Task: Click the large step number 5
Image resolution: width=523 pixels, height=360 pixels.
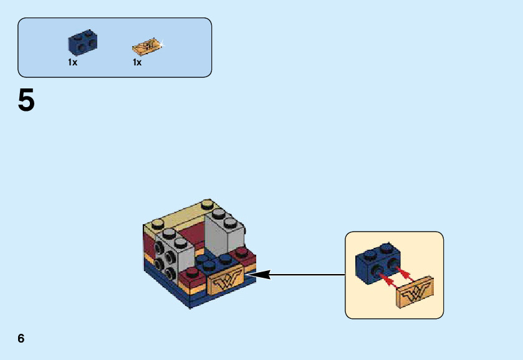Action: click(26, 101)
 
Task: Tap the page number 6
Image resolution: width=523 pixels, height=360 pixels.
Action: click(21, 339)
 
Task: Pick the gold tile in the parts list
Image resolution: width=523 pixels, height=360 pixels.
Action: click(146, 47)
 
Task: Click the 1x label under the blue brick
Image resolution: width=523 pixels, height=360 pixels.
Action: click(73, 62)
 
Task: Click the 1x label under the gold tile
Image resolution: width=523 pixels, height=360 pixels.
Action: click(137, 62)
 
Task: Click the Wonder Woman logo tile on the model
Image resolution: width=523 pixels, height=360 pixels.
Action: click(227, 282)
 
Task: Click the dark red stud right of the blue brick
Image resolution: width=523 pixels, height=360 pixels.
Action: click(241, 252)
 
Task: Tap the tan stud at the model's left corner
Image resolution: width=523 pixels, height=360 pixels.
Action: click(151, 222)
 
